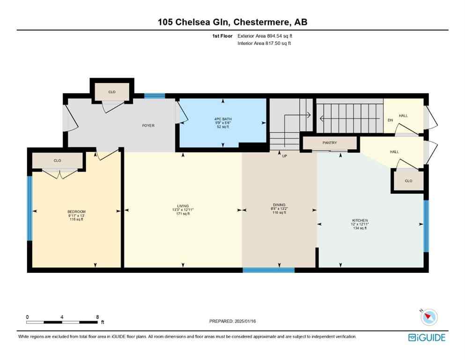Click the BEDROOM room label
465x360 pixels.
pos(76,211)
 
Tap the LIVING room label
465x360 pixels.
pos(183,206)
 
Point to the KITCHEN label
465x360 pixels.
pos(360,220)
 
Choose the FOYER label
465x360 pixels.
pos(148,126)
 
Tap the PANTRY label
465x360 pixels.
pos(330,143)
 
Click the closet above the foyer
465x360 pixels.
pos(112,92)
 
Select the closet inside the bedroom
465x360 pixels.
pos(57,161)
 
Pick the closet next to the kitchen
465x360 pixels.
pos(408,180)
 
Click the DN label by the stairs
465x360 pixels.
pos(390,120)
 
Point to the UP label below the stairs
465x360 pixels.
pos(284,156)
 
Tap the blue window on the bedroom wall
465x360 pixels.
pos(30,208)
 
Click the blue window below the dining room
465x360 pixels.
pos(268,270)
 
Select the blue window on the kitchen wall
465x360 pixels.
pos(426,226)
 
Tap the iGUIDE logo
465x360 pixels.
pos(426,337)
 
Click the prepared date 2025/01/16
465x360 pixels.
pos(233,321)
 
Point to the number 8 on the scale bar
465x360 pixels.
pos(97,317)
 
